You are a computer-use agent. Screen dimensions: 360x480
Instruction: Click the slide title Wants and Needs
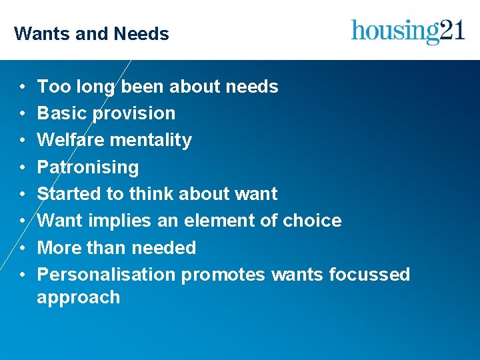click(x=91, y=33)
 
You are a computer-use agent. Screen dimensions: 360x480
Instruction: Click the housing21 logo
click(x=408, y=31)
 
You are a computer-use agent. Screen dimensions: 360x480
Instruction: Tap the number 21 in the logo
click(x=451, y=30)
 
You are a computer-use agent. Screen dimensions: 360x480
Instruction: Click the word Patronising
click(x=88, y=167)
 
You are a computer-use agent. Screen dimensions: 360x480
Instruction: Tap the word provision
click(x=134, y=114)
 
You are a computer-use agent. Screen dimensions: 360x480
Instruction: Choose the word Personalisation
click(x=107, y=275)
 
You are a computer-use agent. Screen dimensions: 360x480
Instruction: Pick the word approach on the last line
click(x=78, y=297)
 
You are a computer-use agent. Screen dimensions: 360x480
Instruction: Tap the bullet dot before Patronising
click(x=22, y=167)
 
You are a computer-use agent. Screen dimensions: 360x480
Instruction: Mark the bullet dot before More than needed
click(x=22, y=248)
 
